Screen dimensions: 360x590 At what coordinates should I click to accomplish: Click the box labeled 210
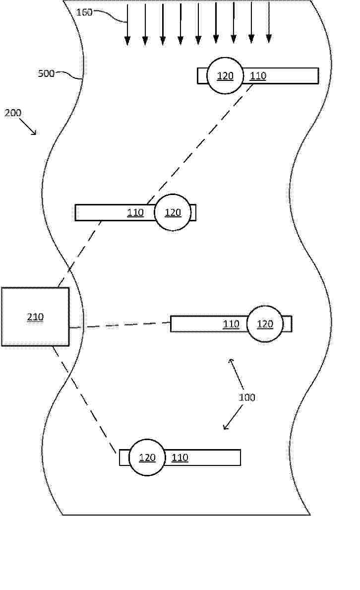(35, 317)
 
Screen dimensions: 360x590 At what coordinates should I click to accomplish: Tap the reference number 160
(84, 12)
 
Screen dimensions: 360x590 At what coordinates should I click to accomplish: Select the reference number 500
(46, 73)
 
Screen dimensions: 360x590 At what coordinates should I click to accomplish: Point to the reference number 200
(13, 113)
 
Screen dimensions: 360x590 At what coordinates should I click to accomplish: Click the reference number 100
(247, 397)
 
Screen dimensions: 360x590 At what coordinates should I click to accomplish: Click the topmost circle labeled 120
(225, 75)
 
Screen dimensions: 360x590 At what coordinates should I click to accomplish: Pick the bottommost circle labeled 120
(147, 457)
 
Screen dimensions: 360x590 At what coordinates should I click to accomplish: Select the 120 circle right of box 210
(265, 324)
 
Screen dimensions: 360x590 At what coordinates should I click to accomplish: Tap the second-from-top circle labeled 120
(173, 212)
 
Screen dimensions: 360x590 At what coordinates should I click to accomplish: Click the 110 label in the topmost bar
(258, 76)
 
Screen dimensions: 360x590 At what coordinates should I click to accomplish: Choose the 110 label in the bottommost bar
(180, 458)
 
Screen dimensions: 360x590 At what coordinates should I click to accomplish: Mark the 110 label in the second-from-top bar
(135, 212)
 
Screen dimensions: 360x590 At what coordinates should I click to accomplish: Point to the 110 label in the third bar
(231, 324)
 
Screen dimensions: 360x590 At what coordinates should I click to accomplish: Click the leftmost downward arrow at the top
(127, 23)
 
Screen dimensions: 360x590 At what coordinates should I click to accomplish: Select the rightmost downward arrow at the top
(269, 22)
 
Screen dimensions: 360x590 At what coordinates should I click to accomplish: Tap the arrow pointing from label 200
(28, 127)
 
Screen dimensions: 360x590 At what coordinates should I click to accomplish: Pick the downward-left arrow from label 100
(233, 418)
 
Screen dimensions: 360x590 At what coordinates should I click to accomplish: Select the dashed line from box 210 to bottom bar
(84, 399)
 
